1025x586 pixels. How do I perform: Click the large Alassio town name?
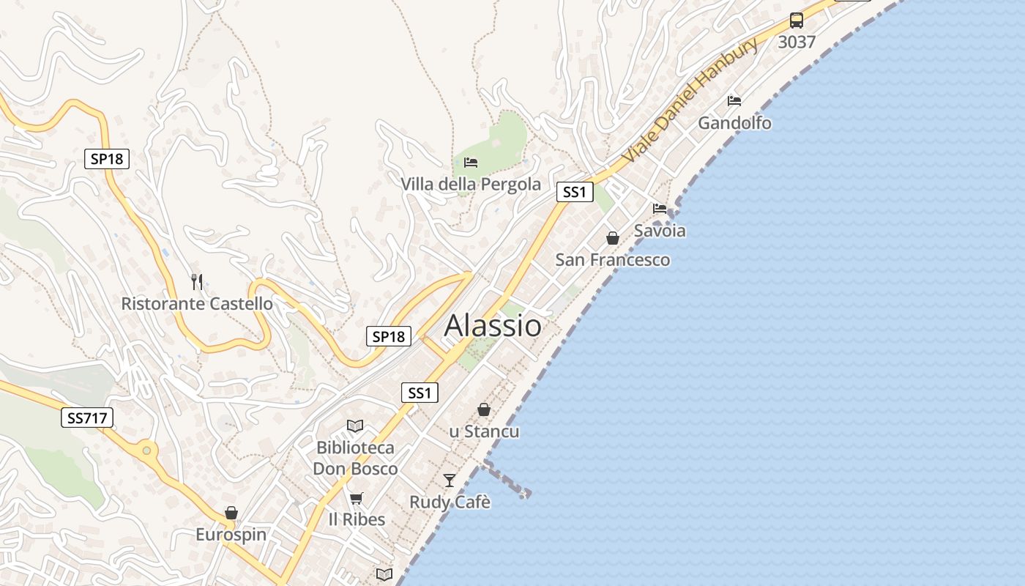(493, 325)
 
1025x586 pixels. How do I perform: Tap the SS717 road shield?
(87, 418)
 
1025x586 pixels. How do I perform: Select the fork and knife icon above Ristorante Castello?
(197, 281)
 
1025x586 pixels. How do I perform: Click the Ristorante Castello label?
(197, 303)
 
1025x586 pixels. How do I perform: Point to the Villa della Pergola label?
(471, 184)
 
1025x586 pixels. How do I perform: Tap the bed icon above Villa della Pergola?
(471, 162)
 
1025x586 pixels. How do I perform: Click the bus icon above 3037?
(797, 21)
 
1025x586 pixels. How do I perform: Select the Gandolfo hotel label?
(734, 122)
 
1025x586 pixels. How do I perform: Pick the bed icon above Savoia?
(660, 209)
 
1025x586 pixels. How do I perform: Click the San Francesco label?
(612, 259)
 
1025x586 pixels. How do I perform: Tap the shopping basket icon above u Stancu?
(484, 409)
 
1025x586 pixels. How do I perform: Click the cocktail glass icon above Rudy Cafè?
(450, 481)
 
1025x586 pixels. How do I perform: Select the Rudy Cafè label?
(450, 502)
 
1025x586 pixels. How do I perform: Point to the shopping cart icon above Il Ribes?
(357, 499)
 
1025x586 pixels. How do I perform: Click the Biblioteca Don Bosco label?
(355, 458)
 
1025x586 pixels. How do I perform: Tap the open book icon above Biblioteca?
(355, 426)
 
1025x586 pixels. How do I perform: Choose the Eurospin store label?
(231, 535)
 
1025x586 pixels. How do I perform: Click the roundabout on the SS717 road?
(147, 450)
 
